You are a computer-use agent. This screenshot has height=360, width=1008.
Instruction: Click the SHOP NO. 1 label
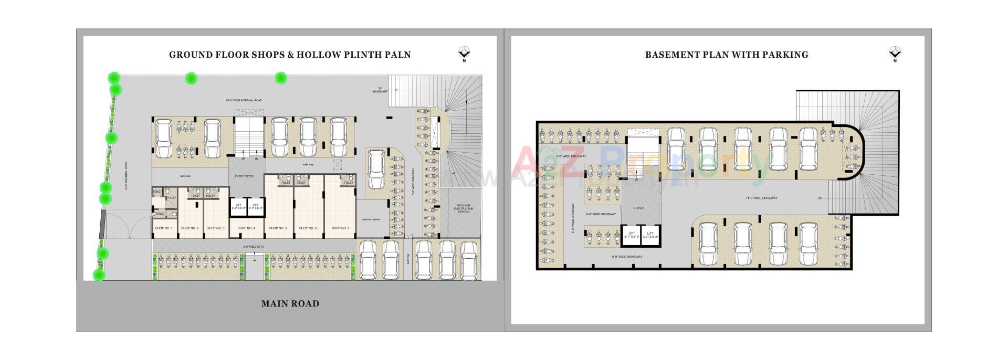[x=164, y=228]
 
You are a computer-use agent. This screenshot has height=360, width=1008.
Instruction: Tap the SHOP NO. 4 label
[x=246, y=228]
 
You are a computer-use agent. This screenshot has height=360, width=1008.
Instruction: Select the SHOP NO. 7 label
[x=340, y=228]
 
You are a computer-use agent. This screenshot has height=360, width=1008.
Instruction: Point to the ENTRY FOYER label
[x=244, y=176]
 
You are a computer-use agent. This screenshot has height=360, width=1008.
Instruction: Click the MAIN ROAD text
[x=290, y=303]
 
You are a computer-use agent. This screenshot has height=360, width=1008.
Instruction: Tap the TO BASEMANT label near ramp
[x=380, y=90]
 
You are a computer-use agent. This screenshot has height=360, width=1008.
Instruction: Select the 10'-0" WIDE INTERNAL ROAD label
[x=244, y=100]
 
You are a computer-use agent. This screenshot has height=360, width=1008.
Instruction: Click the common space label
[x=371, y=219]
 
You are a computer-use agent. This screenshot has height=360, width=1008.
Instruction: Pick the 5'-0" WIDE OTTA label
[x=253, y=247]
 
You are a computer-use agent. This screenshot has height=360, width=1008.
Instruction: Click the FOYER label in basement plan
[x=638, y=208]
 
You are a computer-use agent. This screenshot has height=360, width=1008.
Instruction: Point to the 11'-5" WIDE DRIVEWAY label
[x=761, y=198]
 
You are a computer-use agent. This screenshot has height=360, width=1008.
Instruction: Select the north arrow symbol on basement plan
[x=895, y=53]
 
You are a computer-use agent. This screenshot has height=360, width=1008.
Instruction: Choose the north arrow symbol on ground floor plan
[x=464, y=53]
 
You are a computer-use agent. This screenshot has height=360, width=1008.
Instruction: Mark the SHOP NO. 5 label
[x=278, y=228]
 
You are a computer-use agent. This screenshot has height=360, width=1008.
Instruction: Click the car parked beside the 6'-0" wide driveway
[x=376, y=169]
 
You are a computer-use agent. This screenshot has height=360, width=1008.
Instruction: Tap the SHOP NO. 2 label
[x=190, y=228]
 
